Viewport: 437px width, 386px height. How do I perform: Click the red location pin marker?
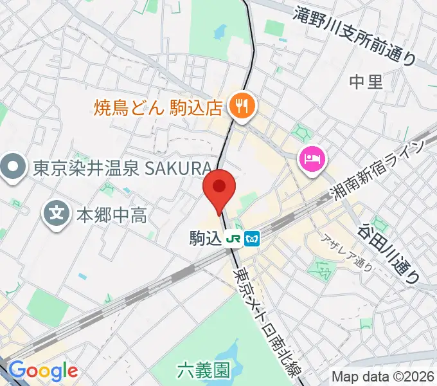point(219,188)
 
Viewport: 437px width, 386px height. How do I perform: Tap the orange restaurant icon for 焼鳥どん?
point(243,104)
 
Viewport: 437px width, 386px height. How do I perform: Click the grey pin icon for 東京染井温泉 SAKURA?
point(13,168)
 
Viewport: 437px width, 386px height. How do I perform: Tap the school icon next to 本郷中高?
point(58,213)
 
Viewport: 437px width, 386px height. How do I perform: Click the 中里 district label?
point(366,81)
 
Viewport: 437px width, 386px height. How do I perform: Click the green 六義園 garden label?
point(203,370)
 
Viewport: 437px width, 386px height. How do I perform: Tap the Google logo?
point(43,371)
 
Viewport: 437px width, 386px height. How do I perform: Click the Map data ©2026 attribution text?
point(383,376)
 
